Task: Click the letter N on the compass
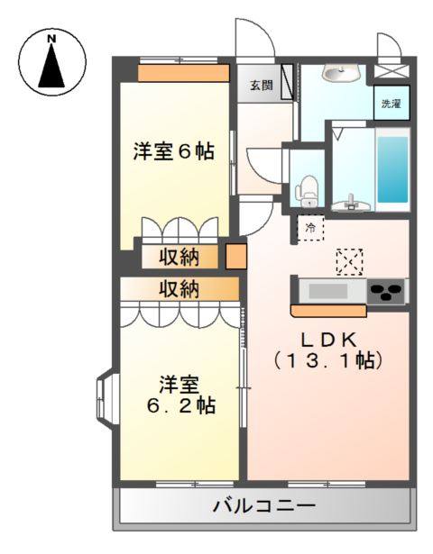point(52,38)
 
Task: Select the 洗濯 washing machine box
point(392,104)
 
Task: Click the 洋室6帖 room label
point(174,152)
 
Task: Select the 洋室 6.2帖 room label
point(180,394)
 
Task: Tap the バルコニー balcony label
point(263,506)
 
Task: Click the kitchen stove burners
point(387,292)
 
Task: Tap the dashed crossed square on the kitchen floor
point(349,261)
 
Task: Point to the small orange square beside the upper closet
point(235,257)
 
